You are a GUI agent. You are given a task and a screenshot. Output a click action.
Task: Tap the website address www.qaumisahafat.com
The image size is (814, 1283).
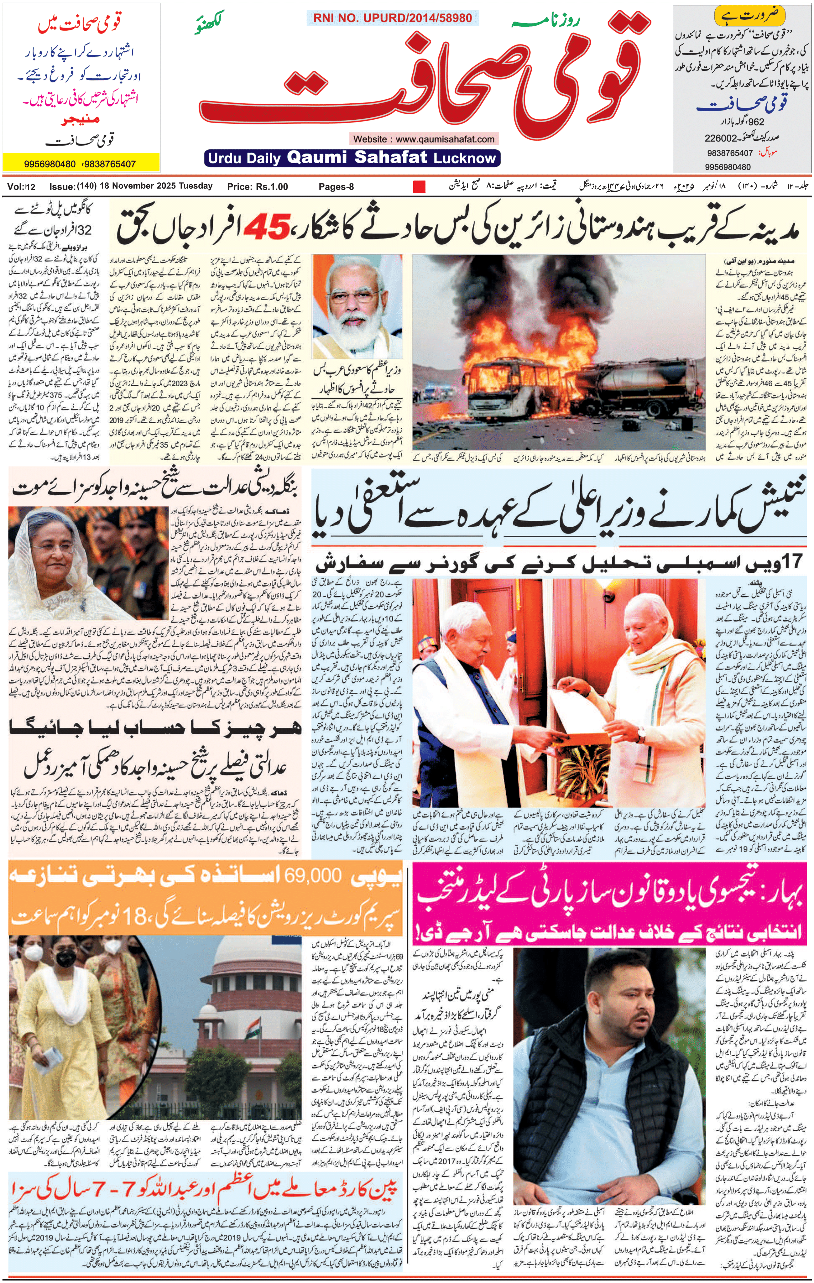[424, 139]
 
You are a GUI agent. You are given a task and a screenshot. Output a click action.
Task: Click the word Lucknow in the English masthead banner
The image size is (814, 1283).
[465, 158]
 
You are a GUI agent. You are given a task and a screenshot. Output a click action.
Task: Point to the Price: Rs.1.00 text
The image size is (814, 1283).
[257, 186]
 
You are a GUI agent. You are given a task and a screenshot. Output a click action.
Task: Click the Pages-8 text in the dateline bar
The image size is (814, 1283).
[336, 186]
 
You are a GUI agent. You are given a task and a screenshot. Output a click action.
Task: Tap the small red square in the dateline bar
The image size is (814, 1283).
[419, 186]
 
